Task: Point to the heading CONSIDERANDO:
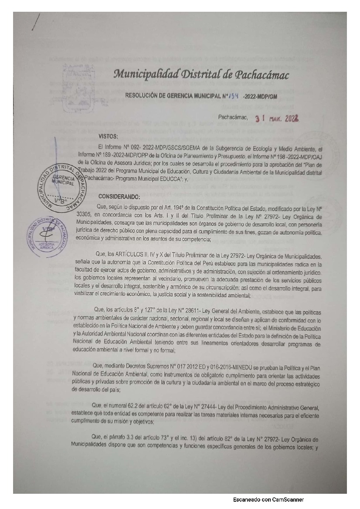click(119, 196)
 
